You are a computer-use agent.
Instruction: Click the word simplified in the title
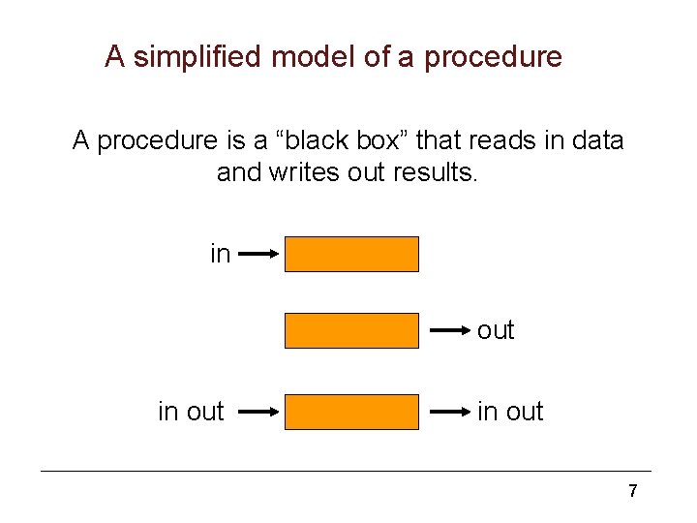pyautogui.click(x=197, y=57)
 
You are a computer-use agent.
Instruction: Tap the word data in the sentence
pyautogui.click(x=598, y=141)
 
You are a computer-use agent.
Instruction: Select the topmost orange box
pyautogui.click(x=352, y=254)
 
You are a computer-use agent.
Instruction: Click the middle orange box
pyautogui.click(x=352, y=330)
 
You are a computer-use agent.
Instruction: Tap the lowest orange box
pyautogui.click(x=352, y=412)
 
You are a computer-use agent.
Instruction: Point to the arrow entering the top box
pyautogui.click(x=258, y=254)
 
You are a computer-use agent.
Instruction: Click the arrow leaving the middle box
pyautogui.click(x=450, y=330)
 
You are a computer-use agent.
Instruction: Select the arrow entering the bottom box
pyautogui.click(x=258, y=412)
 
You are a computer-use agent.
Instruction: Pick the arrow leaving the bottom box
pyautogui.click(x=450, y=412)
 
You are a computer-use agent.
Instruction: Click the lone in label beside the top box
pyautogui.click(x=221, y=254)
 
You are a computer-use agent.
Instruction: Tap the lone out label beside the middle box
pyautogui.click(x=496, y=330)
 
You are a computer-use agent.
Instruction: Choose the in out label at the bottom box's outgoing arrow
pyautogui.click(x=510, y=412)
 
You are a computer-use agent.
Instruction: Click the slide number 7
pyautogui.click(x=632, y=491)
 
